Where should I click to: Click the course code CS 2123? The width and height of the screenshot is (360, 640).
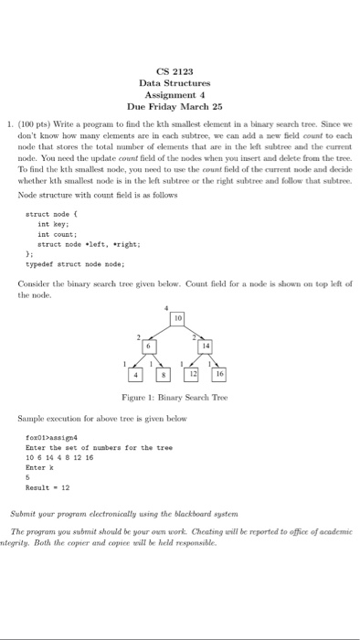pos(175,71)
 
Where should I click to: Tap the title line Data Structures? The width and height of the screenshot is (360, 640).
pos(175,83)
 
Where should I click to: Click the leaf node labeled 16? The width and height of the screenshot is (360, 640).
pos(219,375)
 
